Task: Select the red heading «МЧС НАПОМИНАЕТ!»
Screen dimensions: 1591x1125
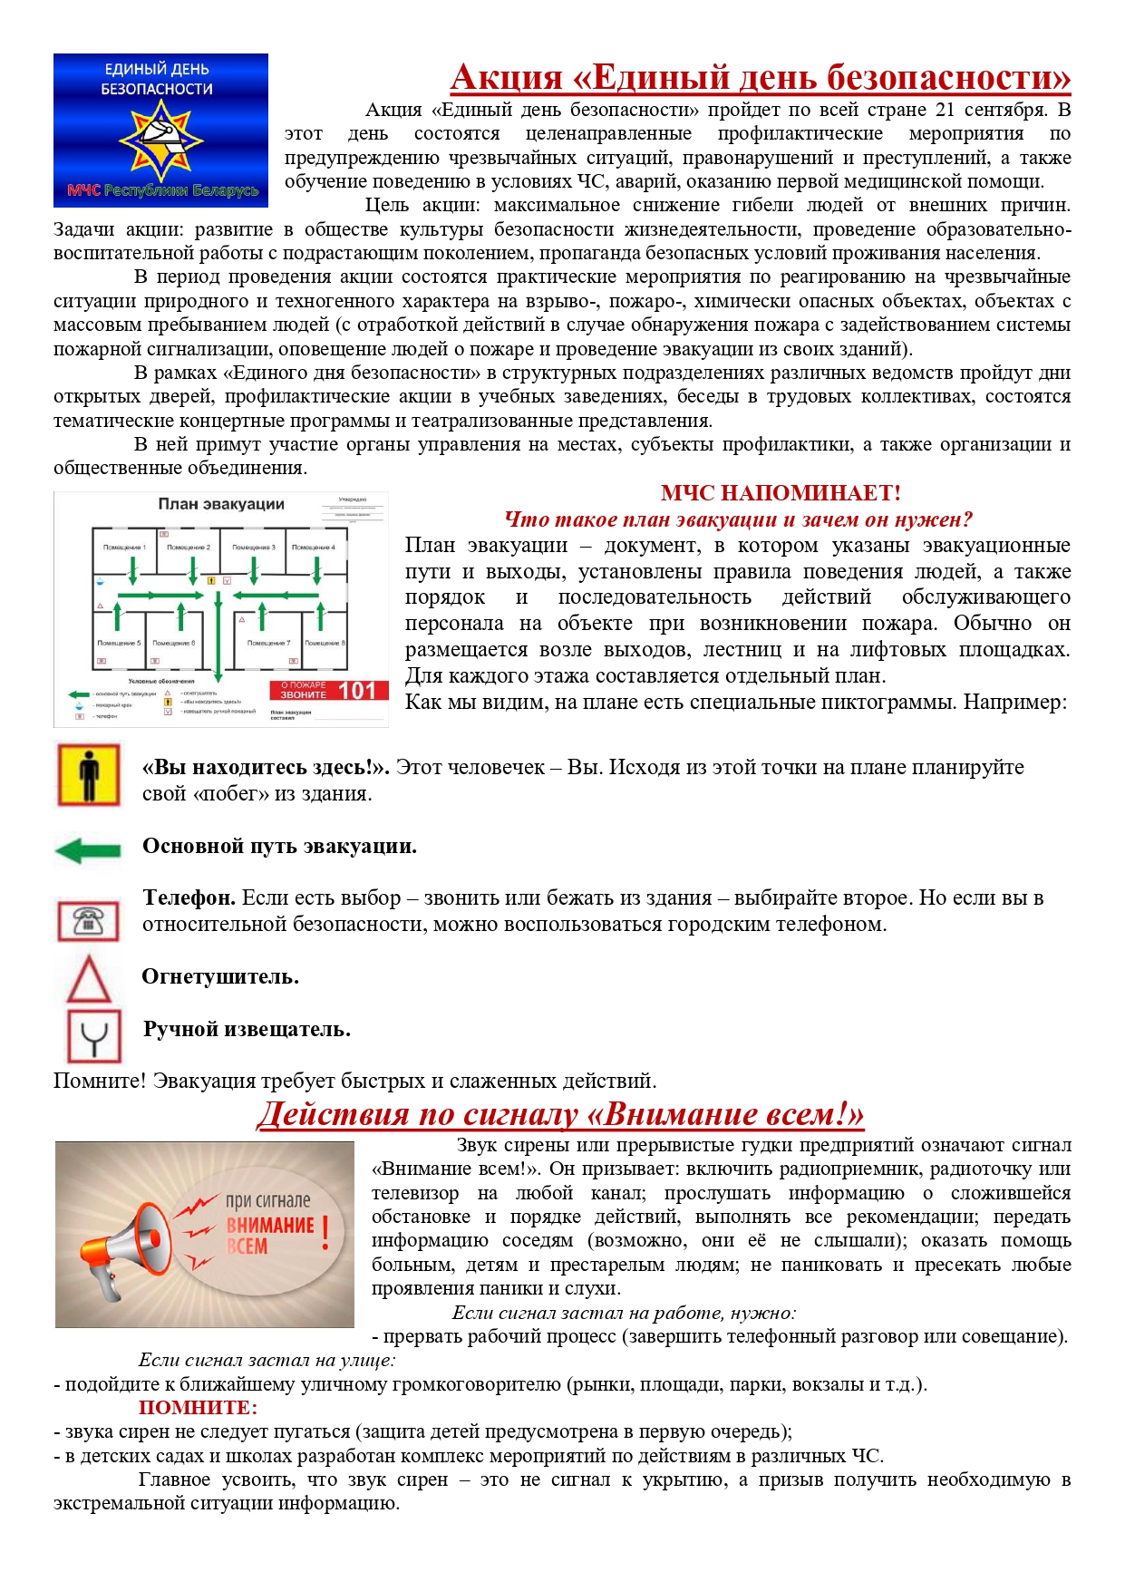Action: (781, 493)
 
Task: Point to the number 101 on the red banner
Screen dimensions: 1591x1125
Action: (357, 691)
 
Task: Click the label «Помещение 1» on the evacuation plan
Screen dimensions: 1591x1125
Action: (124, 548)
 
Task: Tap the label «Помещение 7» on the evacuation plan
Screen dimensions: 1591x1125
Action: (269, 643)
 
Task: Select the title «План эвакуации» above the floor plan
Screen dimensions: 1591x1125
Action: (221, 505)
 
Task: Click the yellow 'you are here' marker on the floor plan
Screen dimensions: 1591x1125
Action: (211, 579)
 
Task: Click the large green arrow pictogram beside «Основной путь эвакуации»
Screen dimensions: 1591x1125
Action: (87, 850)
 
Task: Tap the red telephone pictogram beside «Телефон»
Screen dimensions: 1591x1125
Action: (88, 921)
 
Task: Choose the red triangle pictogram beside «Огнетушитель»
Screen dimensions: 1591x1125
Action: (89, 979)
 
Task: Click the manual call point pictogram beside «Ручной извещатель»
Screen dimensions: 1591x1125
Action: (94, 1036)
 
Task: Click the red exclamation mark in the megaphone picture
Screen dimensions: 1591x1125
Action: (325, 1232)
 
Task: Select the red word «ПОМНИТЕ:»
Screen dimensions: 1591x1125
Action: (198, 1408)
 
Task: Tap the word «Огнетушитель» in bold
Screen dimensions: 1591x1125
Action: (220, 977)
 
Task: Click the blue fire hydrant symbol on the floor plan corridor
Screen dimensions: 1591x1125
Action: (101, 582)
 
